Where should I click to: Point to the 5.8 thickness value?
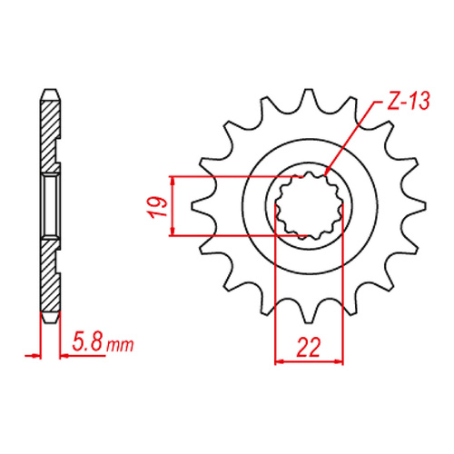[86, 344]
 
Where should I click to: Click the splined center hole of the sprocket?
[308, 205]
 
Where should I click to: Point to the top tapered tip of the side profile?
[51, 94]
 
